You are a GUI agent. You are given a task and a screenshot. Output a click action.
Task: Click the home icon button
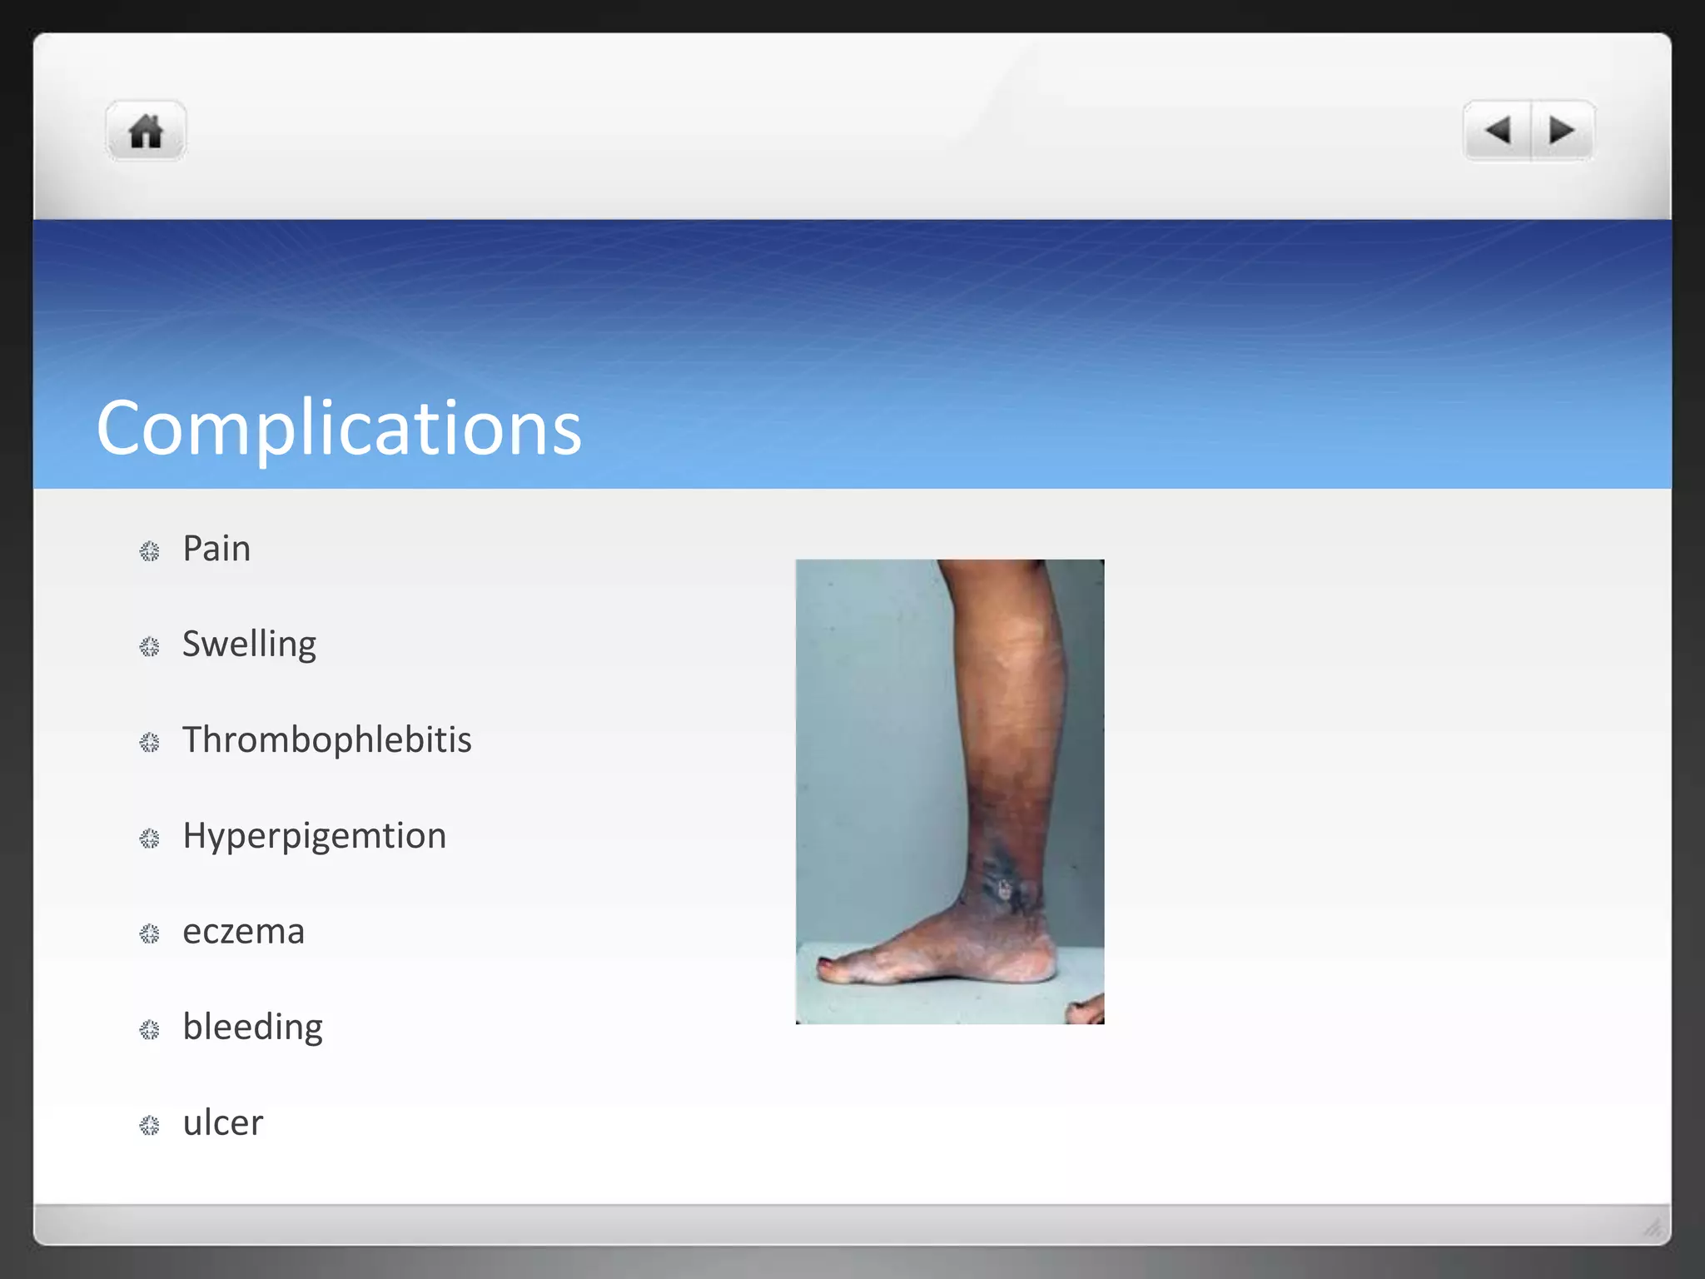(x=146, y=131)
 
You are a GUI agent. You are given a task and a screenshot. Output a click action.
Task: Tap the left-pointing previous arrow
(x=1499, y=130)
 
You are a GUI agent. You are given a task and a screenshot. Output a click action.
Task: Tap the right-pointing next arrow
(x=1562, y=130)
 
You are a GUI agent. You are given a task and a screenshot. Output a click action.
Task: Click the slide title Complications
(x=339, y=428)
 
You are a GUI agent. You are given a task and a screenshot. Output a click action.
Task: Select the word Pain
(x=216, y=549)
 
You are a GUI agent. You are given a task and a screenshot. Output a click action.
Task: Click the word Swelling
(x=249, y=644)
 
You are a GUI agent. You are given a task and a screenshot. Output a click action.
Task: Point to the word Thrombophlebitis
(x=327, y=740)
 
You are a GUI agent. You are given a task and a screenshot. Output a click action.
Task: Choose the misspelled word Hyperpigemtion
(x=315, y=836)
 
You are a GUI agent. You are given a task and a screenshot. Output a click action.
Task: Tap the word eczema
(x=243, y=932)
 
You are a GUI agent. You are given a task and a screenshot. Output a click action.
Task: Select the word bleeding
(x=252, y=1028)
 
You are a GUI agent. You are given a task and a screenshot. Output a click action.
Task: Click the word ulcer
(x=222, y=1123)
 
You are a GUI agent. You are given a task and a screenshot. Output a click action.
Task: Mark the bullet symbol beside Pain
(x=149, y=551)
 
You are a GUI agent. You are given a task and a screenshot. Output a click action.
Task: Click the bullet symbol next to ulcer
(x=149, y=1126)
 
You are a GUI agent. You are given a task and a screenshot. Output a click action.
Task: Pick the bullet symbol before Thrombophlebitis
(x=149, y=743)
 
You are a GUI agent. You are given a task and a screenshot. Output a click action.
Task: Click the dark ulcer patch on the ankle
(x=1004, y=888)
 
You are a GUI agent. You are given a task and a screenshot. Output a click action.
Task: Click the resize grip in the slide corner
(x=1653, y=1227)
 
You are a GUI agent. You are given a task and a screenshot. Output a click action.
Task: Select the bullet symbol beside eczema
(x=149, y=934)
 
